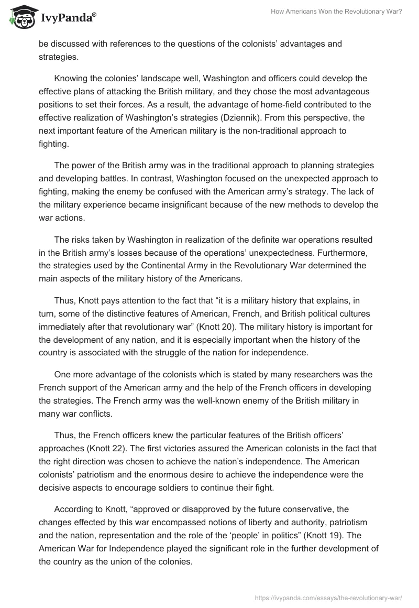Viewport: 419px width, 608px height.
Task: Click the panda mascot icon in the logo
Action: pyautogui.click(x=21, y=18)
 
